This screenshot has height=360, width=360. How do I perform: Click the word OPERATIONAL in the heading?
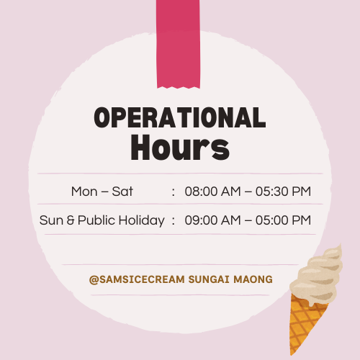(x=180, y=117)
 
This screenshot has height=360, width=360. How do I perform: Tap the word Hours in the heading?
(x=180, y=147)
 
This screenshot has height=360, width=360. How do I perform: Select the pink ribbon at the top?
(x=178, y=44)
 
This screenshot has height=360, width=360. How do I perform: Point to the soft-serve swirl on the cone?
(x=317, y=276)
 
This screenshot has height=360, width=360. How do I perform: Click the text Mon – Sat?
(x=102, y=192)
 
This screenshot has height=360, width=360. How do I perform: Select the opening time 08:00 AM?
(x=212, y=192)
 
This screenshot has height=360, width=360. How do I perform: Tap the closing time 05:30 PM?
(x=283, y=192)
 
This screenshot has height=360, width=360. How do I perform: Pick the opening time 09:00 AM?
(x=212, y=220)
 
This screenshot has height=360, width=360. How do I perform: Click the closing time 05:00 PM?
(x=283, y=220)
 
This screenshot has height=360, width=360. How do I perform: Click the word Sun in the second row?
(x=51, y=220)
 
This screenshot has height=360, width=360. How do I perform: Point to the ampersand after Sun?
(x=71, y=220)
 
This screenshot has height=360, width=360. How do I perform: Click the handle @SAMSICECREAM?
(x=137, y=279)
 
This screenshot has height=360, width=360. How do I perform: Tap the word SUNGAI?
(x=209, y=279)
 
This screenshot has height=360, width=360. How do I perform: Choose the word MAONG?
(x=253, y=279)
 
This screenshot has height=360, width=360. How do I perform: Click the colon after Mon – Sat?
(x=174, y=192)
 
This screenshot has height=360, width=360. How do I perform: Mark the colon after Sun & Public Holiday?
(x=174, y=221)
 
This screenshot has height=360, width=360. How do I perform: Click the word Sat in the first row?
(x=122, y=192)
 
